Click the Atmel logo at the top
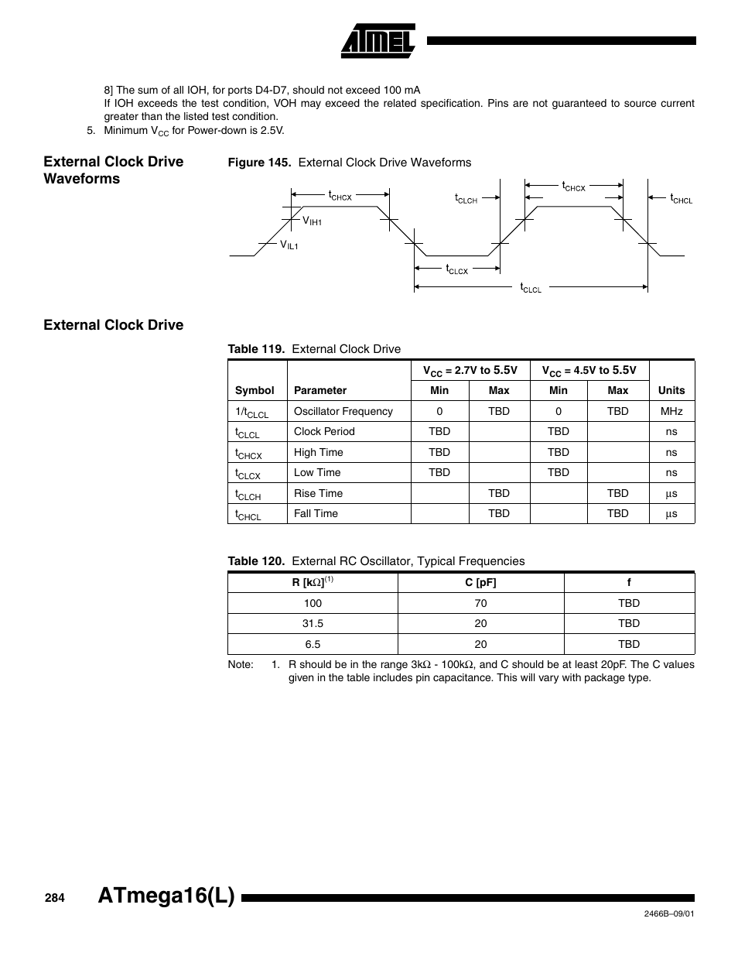click(378, 39)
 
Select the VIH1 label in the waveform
click(312, 221)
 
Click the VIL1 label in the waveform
click(289, 245)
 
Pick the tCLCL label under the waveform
click(531, 288)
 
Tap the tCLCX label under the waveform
click(456, 269)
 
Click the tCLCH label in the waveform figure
click(466, 199)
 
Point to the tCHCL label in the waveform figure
click(681, 199)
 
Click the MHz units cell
click(671, 411)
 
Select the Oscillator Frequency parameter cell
click(343, 411)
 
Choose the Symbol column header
click(255, 390)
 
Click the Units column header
click(671, 390)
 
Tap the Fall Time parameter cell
click(316, 513)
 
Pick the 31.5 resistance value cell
click(313, 623)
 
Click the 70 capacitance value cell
click(480, 603)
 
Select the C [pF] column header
click(480, 583)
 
